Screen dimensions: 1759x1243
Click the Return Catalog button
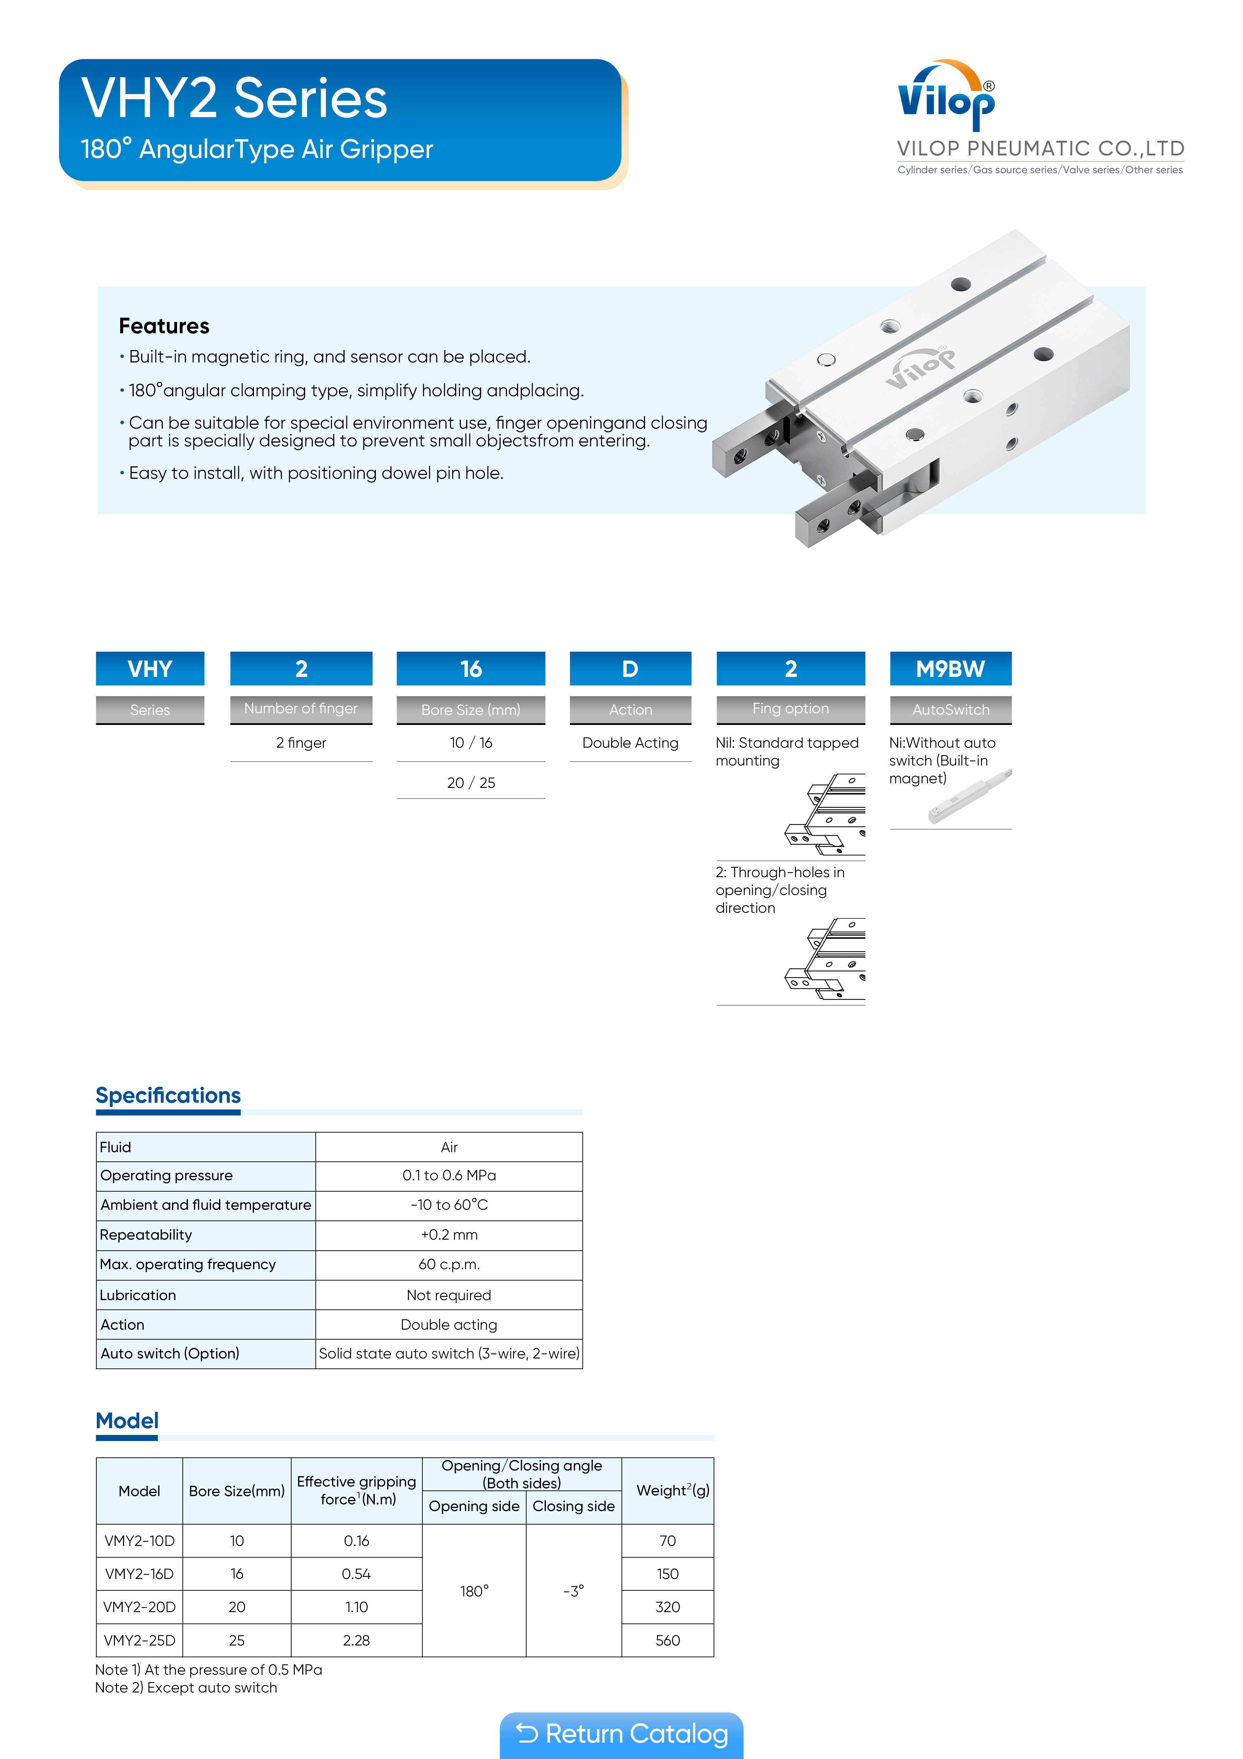(621, 1734)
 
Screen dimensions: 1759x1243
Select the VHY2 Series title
(234, 99)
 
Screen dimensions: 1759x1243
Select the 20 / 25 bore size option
(471, 782)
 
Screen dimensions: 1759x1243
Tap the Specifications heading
(168, 1096)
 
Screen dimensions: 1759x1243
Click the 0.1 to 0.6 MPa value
(449, 1175)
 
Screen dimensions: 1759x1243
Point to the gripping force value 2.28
(356, 1640)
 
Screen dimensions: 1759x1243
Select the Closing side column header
(574, 1506)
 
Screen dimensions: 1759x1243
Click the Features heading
(164, 326)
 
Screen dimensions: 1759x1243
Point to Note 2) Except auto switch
(186, 1688)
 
